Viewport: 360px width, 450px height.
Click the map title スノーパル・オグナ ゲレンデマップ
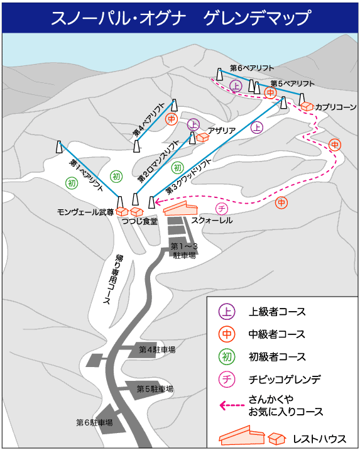click(181, 18)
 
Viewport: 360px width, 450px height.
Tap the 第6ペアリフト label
click(252, 68)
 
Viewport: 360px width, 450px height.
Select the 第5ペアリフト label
click(292, 84)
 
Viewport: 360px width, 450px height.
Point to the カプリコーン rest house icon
click(307, 106)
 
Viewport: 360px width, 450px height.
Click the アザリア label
click(221, 131)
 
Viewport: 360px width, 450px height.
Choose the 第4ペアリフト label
click(148, 119)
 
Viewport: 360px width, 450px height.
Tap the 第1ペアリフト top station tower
click(59, 147)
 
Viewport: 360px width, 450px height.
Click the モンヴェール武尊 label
click(85, 212)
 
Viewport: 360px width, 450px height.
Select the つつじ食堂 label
click(139, 221)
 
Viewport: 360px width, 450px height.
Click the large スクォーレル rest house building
click(180, 209)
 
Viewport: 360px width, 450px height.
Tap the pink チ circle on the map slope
click(221, 209)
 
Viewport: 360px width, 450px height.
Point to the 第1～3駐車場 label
click(184, 251)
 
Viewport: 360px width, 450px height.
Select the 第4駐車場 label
click(157, 349)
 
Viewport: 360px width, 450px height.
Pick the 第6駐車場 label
click(94, 422)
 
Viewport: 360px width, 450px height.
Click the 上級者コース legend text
click(277, 312)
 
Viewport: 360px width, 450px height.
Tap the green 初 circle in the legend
click(227, 357)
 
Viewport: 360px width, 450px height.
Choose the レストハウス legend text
click(319, 439)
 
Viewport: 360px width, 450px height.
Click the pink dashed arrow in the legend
click(232, 405)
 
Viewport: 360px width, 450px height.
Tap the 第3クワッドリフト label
click(188, 176)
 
